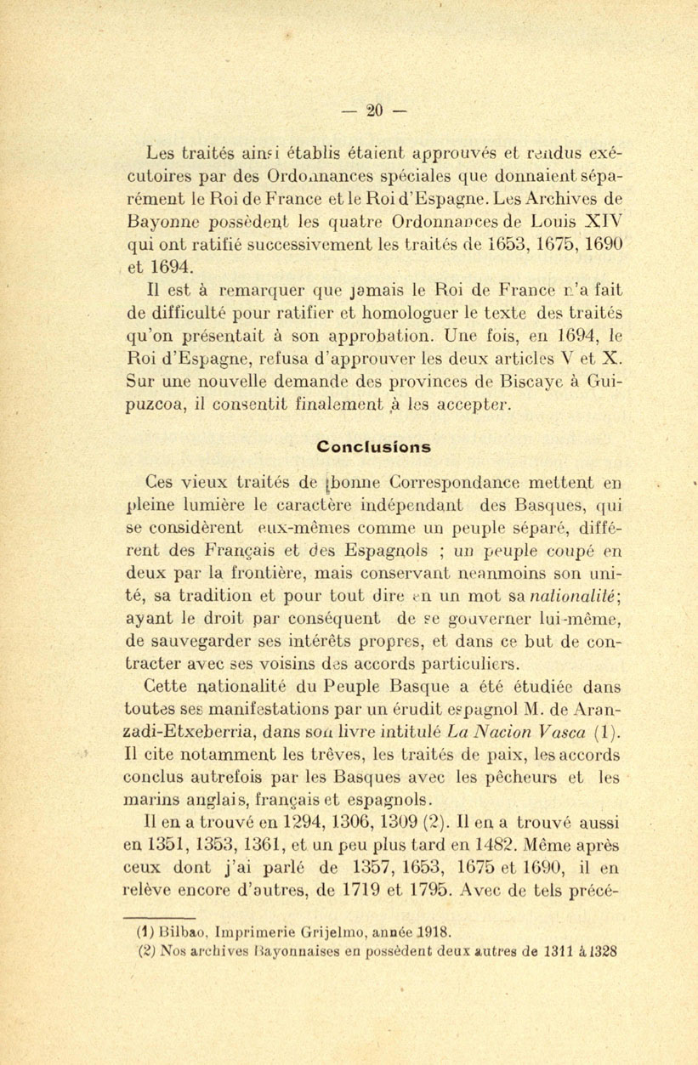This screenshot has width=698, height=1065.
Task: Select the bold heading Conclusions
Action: pyautogui.click(x=373, y=446)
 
